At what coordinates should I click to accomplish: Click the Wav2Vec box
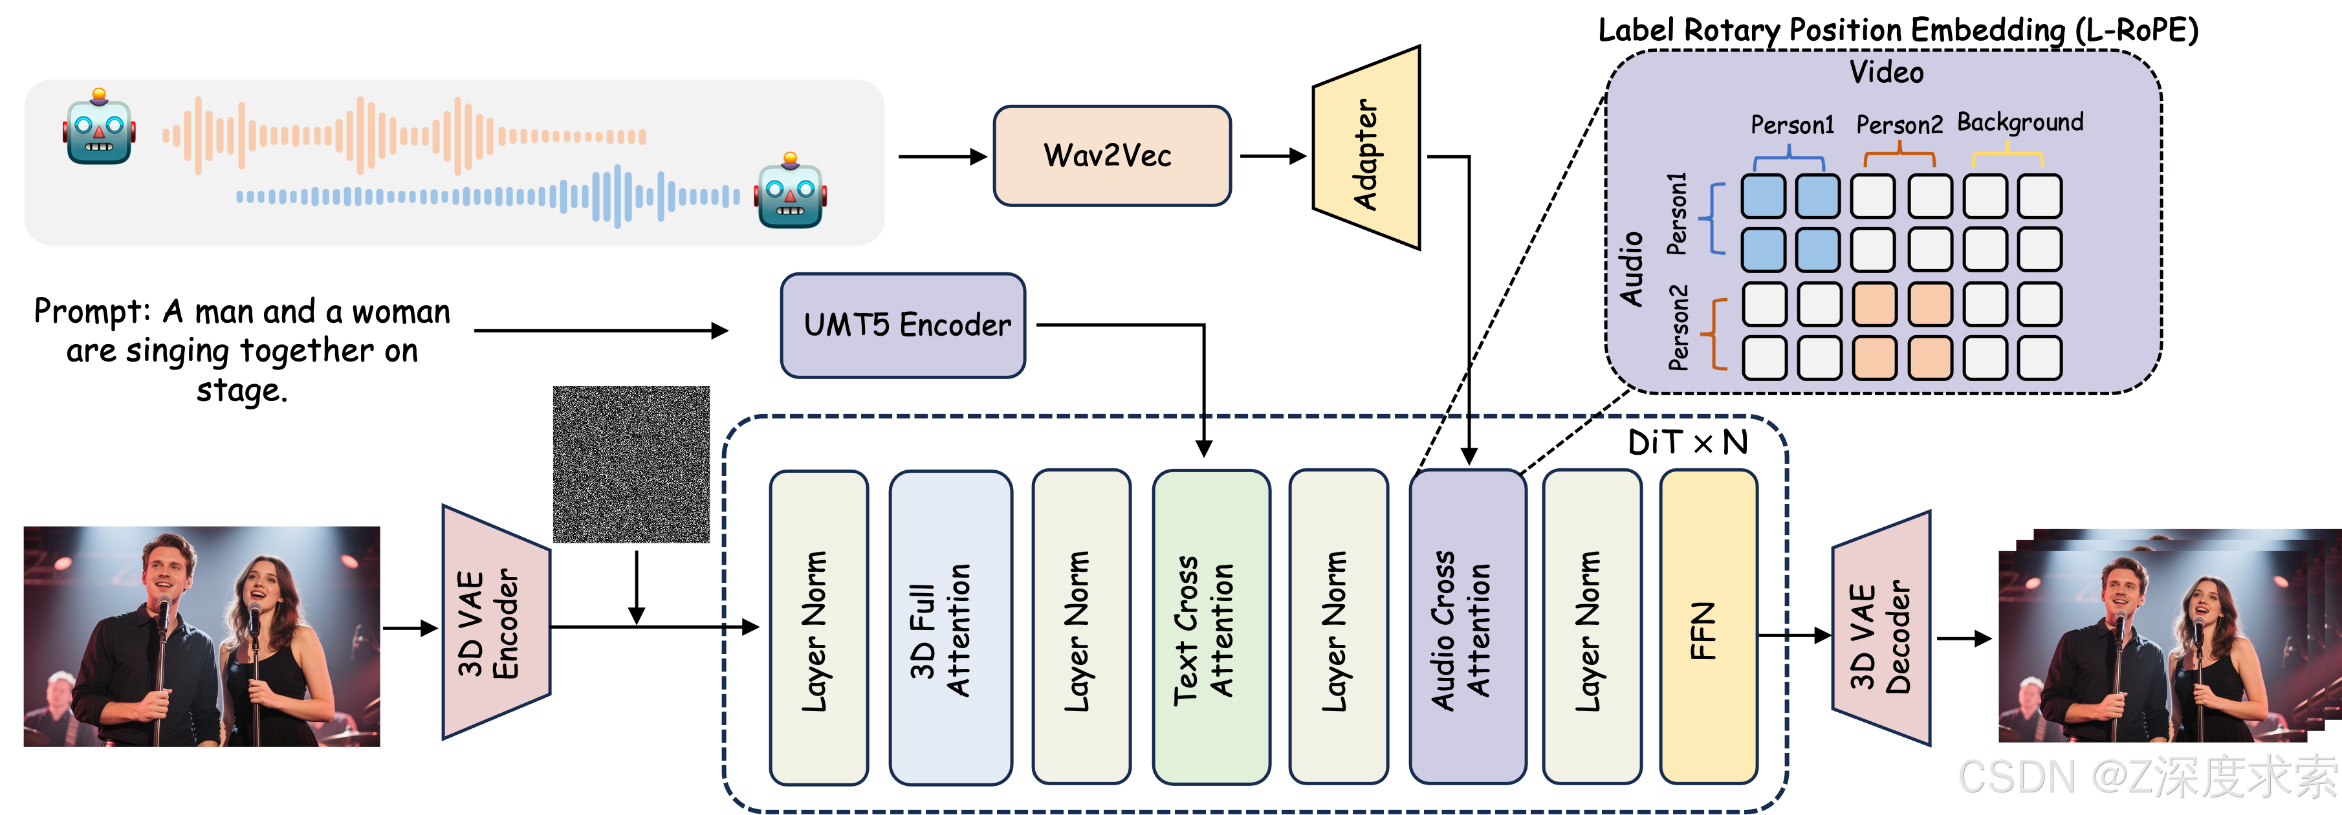tap(1111, 155)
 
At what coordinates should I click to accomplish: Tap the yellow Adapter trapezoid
tap(1366, 150)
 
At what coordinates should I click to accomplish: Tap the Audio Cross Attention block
tap(1467, 627)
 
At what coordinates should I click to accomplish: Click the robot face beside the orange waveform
tap(99, 128)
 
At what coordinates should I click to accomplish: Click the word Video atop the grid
tap(1886, 72)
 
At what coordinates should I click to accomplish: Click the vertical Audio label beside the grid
tap(1632, 269)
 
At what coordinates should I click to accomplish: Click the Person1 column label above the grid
tap(1792, 124)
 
